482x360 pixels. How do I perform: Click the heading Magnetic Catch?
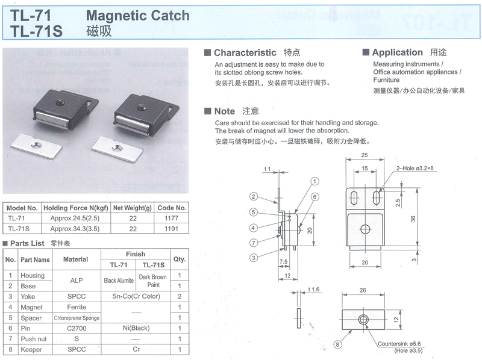tap(138, 15)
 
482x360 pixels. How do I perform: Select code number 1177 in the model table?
tap(171, 218)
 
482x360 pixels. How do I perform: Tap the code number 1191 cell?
tap(171, 228)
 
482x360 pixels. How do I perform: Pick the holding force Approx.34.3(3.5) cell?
tap(75, 228)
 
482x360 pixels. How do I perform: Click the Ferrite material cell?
tap(77, 307)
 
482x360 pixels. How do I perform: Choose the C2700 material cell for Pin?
tap(77, 328)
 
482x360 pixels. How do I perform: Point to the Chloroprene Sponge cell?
tap(77, 317)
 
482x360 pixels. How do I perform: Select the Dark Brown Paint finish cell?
tap(152, 281)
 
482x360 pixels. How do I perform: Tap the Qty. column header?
tap(180, 259)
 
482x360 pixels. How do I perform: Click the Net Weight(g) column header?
tap(133, 208)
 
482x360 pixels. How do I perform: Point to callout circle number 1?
tap(315, 181)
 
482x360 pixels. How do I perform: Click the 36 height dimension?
tap(413, 219)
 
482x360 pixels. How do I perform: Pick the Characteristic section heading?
tap(245, 53)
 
